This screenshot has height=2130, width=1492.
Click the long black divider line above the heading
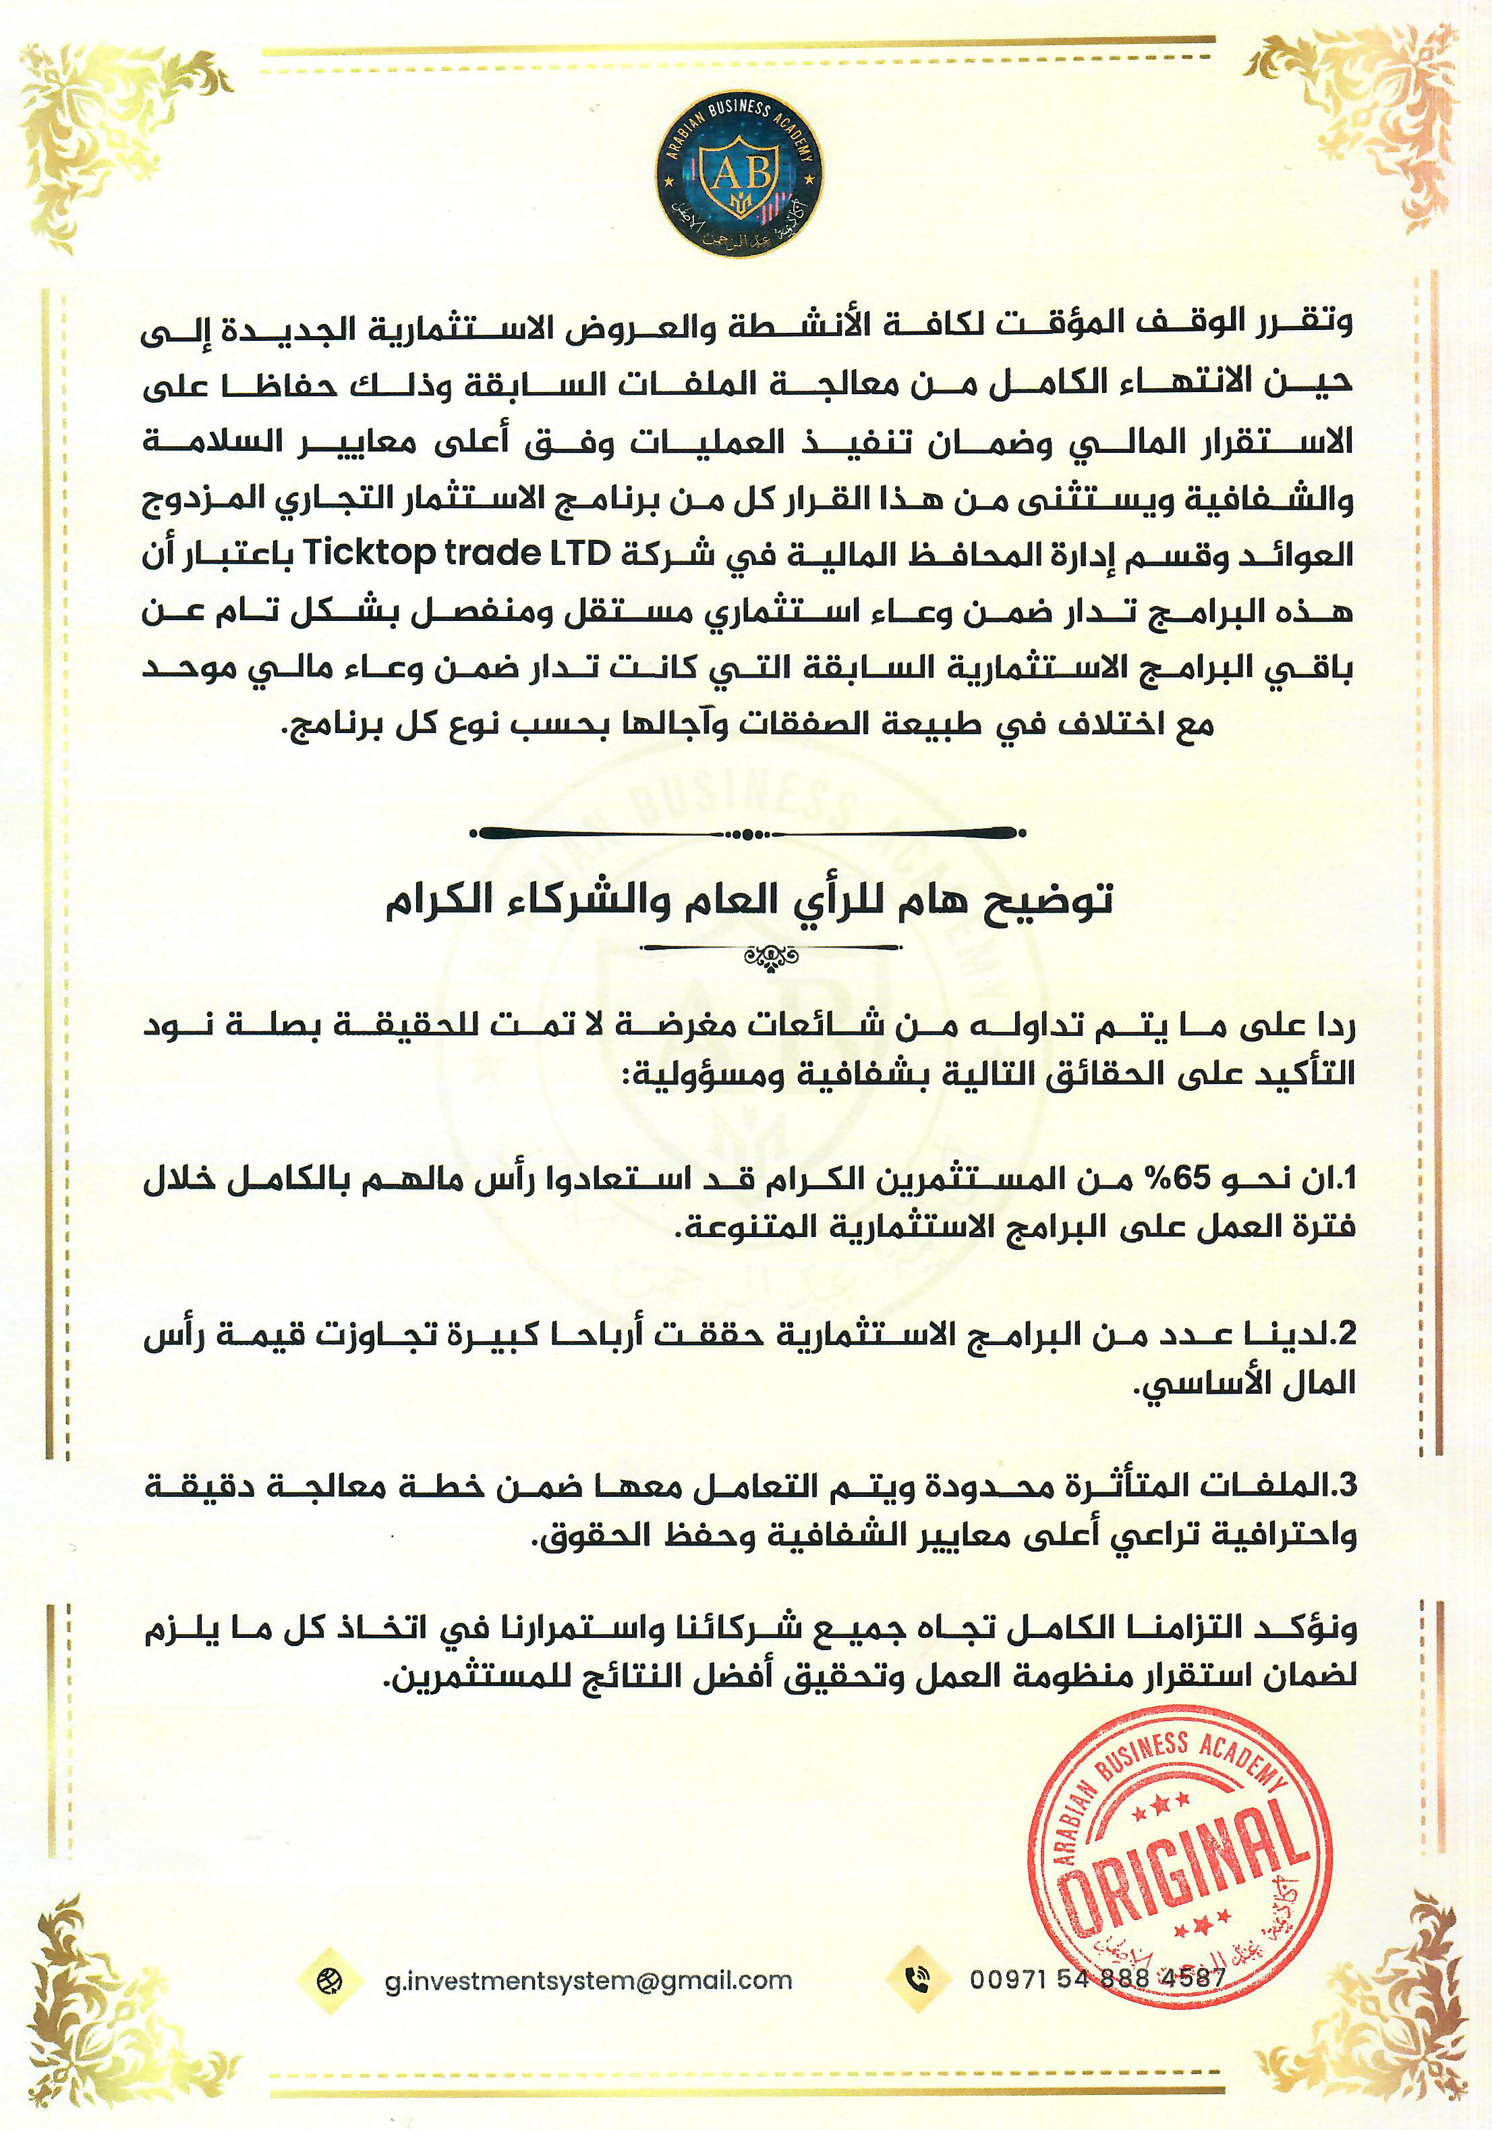click(747, 832)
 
